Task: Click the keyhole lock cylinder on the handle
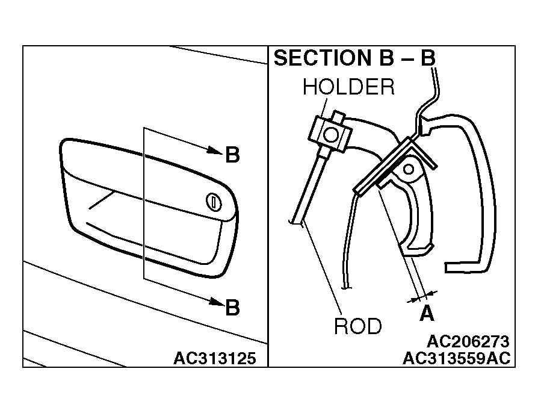pos(214,202)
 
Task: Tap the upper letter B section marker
pos(232,155)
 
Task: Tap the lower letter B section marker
pos(232,308)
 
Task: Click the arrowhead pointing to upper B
pos(215,151)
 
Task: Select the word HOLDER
pos(348,87)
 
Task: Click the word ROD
pos(358,326)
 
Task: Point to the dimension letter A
pos(427,313)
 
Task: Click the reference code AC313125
pos(215,358)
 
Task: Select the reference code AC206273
pos(468,341)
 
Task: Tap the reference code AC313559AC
pos(457,358)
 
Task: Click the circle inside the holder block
pos(331,135)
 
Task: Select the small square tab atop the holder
pos(338,117)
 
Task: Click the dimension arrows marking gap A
pos(422,297)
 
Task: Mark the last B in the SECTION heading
pos(428,58)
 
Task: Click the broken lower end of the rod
pos(295,223)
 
